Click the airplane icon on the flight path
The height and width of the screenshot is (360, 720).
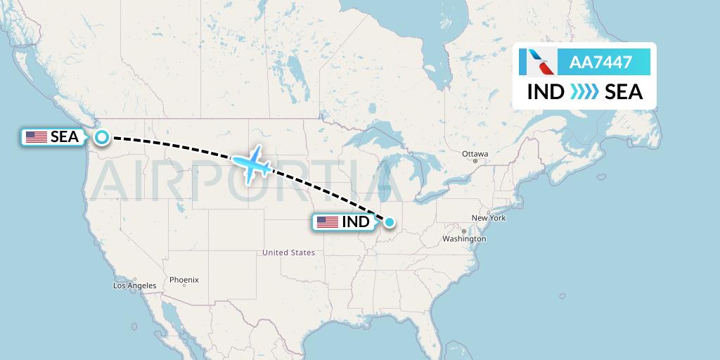point(252,164)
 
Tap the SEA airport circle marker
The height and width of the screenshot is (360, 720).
point(102,138)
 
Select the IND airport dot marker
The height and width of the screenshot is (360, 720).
point(389,223)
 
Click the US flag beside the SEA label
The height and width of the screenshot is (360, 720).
point(36,138)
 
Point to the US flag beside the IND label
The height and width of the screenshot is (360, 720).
point(327,222)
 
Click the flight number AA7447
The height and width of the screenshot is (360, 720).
point(600,63)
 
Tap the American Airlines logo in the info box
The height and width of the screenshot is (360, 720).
point(536,63)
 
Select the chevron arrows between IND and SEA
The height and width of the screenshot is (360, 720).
point(584,92)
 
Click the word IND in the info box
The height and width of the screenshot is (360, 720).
point(546,92)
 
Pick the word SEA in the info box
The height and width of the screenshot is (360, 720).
point(624,92)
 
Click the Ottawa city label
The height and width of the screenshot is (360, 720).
point(475,153)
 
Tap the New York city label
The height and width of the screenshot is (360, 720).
point(489,218)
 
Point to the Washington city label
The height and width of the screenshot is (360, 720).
point(464,239)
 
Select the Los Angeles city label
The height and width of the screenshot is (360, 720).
point(134,285)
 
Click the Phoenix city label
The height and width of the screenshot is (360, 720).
point(184,280)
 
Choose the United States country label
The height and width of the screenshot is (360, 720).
point(288,252)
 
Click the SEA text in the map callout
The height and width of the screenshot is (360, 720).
point(65,138)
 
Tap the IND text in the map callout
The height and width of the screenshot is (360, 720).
point(356,222)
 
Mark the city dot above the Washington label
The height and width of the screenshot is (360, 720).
point(463,231)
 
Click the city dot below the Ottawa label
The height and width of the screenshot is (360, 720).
point(475,161)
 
